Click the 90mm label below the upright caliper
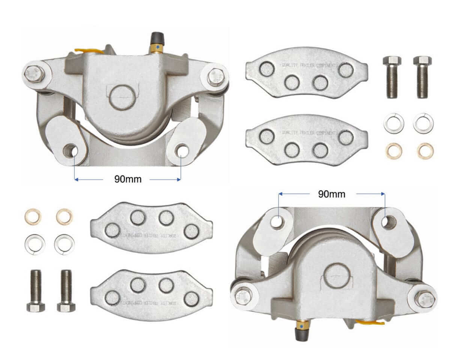pyautogui.click(x=128, y=179)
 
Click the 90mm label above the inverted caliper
pyautogui.click(x=331, y=194)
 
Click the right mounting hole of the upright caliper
pyautogui.click(x=182, y=150)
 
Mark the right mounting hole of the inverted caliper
pyautogui.click(x=388, y=222)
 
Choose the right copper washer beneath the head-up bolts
pyautogui.click(x=425, y=150)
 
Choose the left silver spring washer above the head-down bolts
pyautogui.click(x=35, y=243)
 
